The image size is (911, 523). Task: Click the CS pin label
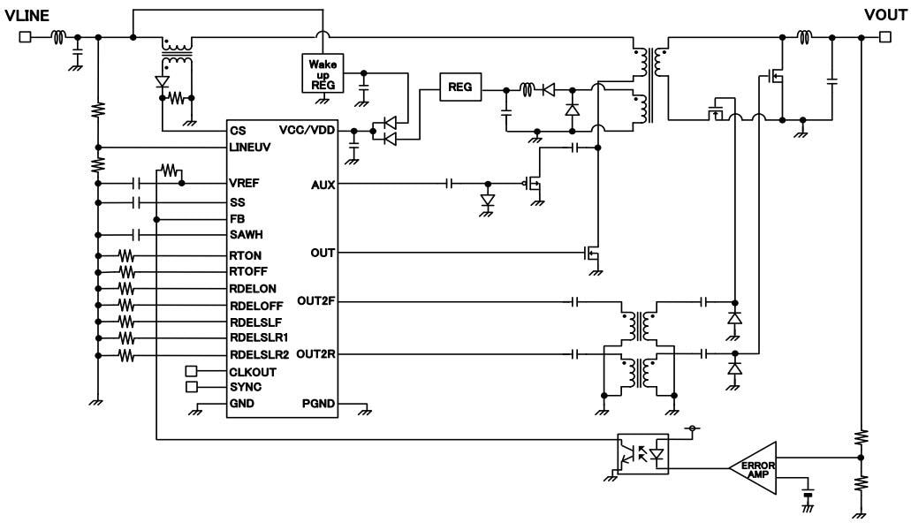click(236, 130)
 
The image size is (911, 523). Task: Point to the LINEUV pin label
click(249, 147)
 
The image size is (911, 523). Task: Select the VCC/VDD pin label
click(307, 130)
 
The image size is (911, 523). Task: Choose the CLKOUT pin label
click(251, 371)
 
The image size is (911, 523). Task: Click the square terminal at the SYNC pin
click(190, 387)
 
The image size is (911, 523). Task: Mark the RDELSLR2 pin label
click(257, 354)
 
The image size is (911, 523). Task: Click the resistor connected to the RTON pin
click(126, 254)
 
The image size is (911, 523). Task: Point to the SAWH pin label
click(245, 235)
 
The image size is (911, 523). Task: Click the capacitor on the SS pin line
click(135, 202)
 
